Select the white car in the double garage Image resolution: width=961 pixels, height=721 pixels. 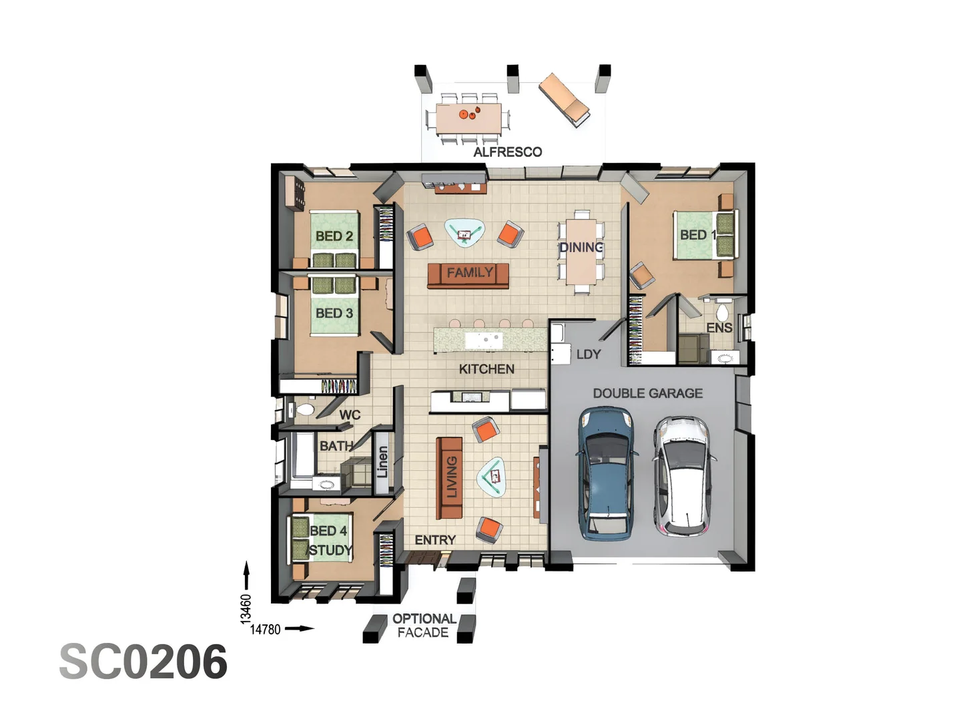click(x=683, y=475)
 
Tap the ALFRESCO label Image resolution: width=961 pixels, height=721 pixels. click(x=507, y=152)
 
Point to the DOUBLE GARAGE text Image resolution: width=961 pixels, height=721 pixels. click(x=647, y=393)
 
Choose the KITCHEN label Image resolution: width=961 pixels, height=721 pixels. click(x=487, y=369)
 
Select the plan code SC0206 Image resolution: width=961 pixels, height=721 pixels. click(x=143, y=662)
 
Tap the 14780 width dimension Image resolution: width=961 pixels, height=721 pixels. click(x=265, y=629)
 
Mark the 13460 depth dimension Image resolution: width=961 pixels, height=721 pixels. click(x=246, y=609)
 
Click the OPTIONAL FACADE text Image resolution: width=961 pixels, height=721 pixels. click(x=424, y=626)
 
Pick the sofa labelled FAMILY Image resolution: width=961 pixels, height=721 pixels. click(x=468, y=274)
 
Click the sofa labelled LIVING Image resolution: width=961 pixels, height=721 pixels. click(x=449, y=478)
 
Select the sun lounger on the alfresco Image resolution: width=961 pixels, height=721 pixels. click(x=564, y=100)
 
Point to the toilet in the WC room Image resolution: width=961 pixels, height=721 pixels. click(x=304, y=409)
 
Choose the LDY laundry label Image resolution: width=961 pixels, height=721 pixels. click(x=588, y=354)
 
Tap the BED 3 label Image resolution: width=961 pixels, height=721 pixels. click(x=334, y=313)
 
